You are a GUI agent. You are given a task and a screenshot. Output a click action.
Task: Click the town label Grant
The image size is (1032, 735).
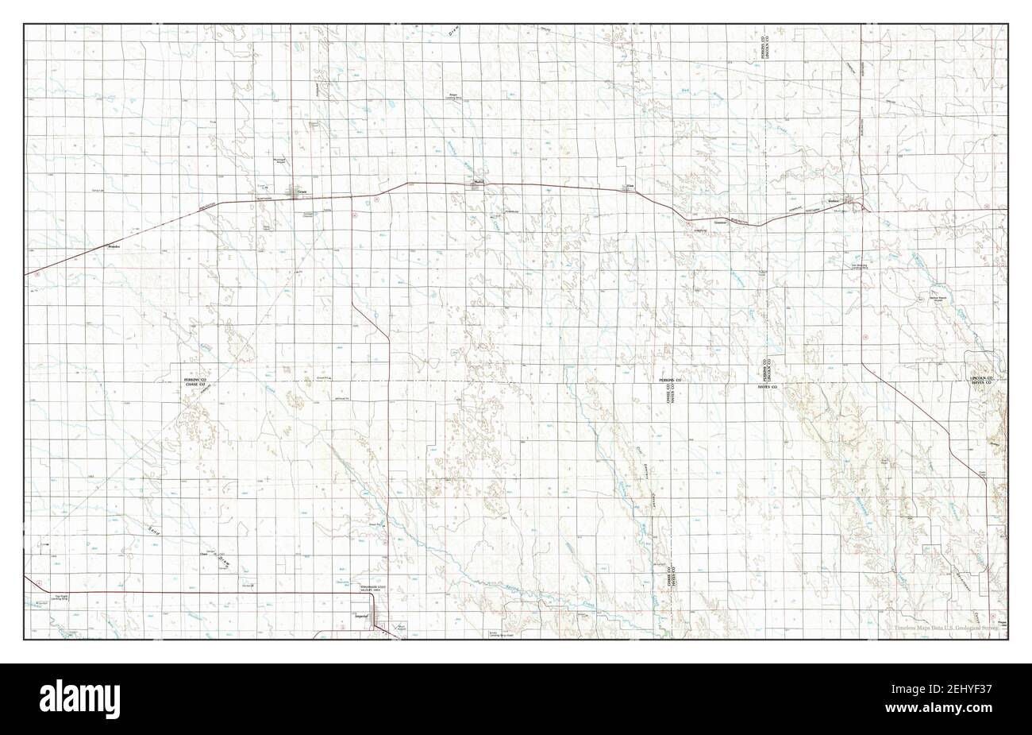[x=302, y=191]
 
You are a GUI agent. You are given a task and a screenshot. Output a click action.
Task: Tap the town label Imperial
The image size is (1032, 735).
[x=361, y=616]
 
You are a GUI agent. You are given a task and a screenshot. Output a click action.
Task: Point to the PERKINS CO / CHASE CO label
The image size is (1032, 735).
[x=194, y=382]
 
